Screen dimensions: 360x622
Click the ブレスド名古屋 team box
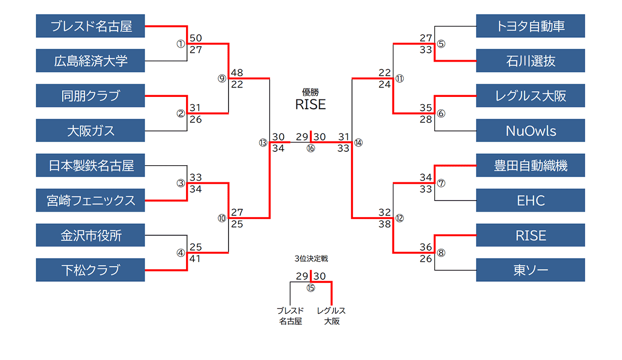90,26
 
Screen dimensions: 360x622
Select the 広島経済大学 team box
90,61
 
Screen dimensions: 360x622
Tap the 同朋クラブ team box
90,95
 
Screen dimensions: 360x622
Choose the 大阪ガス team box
90,130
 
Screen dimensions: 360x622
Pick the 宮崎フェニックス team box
90,200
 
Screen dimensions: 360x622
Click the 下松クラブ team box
90,270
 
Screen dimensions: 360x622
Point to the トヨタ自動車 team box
530,26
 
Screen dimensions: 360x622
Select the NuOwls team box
530,131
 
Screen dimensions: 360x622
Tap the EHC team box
530,200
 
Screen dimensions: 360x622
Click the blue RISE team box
530,235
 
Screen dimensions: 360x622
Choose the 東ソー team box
530,270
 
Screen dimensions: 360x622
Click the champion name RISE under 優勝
310,104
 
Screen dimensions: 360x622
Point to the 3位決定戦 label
310,258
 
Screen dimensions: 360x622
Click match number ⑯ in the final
310,149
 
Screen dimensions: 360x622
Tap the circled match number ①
180,44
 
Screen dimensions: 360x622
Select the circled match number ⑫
399,218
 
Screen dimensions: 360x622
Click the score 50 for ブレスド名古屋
195,38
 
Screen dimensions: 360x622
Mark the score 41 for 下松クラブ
195,258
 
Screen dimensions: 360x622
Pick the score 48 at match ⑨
237,73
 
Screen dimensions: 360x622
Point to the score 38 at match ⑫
384,224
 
